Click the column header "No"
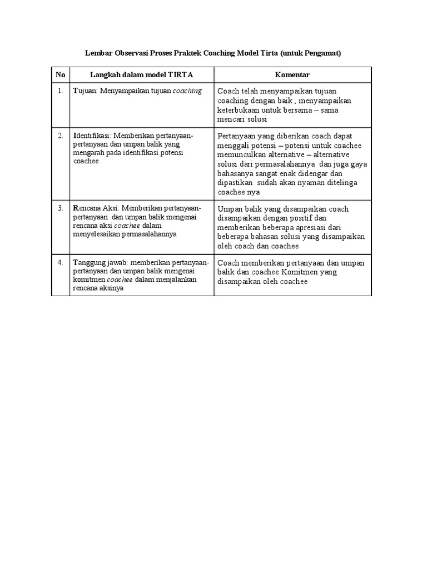[60, 74]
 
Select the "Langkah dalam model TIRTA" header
[141, 74]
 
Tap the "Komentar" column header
[292, 74]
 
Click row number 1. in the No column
[60, 91]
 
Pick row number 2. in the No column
[60, 136]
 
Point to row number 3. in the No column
[60, 208]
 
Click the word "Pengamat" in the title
[322, 53]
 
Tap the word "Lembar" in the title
[98, 53]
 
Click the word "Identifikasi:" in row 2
[92, 136]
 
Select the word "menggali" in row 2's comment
[234, 146]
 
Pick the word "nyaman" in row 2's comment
[319, 183]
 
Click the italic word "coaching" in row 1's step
[187, 91]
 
